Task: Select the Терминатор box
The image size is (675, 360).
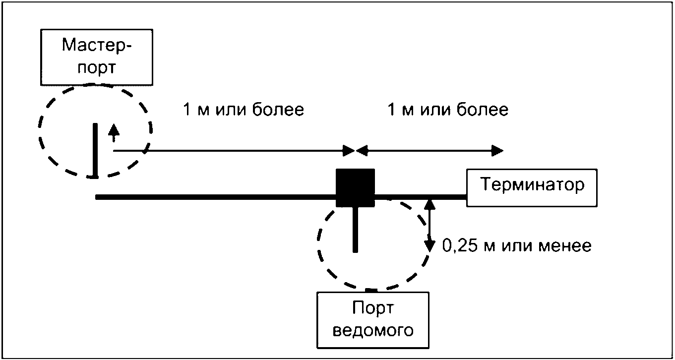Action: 531,186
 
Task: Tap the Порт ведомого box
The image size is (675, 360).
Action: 372,319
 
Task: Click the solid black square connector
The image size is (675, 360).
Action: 355,187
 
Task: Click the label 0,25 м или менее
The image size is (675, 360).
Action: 516,245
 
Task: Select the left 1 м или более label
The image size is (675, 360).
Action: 243,110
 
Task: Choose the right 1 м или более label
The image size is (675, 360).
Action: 448,110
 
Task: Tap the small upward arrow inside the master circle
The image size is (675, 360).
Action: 114,131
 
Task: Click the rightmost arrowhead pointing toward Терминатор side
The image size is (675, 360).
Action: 498,150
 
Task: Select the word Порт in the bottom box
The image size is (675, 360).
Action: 372,308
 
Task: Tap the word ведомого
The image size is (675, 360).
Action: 372,330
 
